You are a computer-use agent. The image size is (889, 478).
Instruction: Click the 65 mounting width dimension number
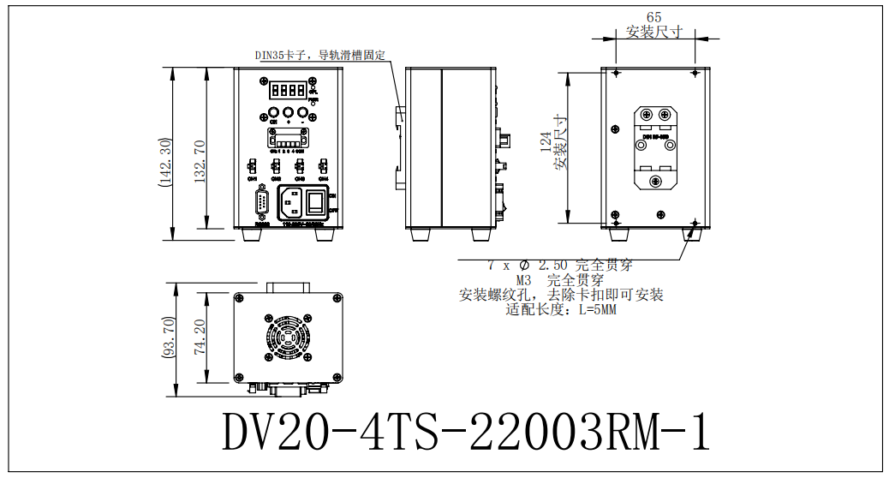pos(654,17)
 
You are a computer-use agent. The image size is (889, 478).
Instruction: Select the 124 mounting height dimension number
pos(546,141)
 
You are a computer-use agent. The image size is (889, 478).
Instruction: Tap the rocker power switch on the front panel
pos(316,202)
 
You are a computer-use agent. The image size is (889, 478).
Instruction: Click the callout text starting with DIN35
pos(319,56)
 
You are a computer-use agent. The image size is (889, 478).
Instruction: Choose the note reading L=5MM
pos(562,309)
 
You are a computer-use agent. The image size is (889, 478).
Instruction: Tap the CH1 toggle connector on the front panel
pos(253,166)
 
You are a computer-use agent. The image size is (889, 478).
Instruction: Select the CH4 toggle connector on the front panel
pos(323,166)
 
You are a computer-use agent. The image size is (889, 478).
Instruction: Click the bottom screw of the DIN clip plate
pos(656,181)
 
